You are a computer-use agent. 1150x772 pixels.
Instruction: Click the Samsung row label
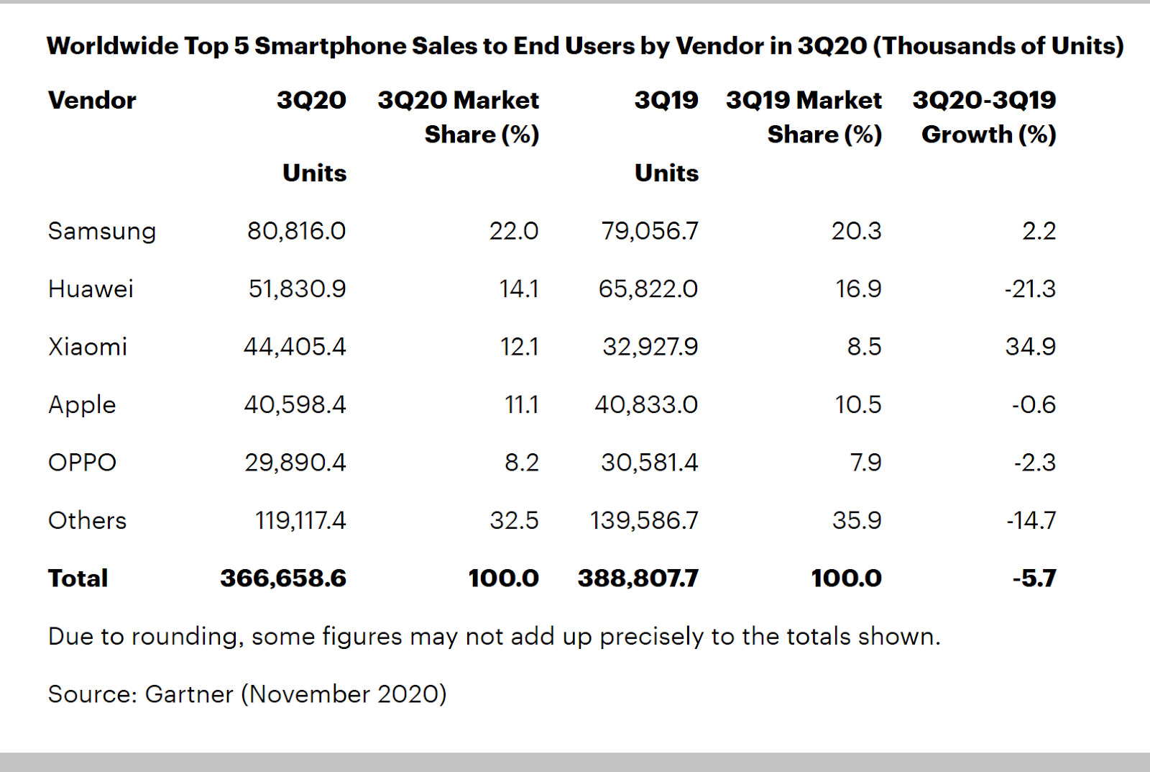coord(101,231)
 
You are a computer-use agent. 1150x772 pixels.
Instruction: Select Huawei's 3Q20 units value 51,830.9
coord(297,289)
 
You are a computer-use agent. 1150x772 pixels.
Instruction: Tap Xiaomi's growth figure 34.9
coord(1030,347)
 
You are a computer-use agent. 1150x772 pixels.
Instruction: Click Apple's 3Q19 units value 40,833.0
coord(645,404)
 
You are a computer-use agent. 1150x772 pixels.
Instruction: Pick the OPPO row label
coord(82,462)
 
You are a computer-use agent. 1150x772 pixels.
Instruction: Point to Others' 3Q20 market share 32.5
coord(514,520)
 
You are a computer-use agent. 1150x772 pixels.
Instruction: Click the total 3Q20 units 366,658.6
coord(283,578)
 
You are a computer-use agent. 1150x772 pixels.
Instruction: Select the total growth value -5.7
coord(1034,578)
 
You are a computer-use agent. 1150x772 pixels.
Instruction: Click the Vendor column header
coord(92,100)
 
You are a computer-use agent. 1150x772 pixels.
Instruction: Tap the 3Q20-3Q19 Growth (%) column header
coord(984,117)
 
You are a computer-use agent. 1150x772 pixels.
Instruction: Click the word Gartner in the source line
coord(188,694)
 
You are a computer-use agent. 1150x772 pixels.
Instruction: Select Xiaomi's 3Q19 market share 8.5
coord(864,347)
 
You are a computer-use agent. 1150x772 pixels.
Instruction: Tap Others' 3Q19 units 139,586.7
coord(644,520)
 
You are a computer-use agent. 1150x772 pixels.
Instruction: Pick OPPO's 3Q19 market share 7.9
coord(865,462)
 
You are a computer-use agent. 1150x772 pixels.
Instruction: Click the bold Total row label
coord(78,578)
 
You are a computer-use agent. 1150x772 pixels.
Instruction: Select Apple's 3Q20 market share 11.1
coord(521,404)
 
